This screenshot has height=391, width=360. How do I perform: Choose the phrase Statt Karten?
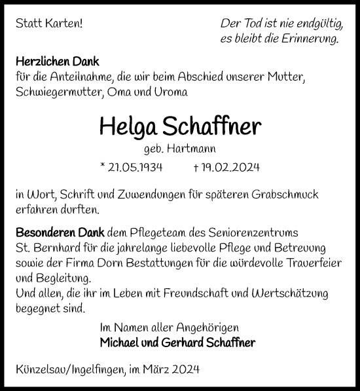click(48, 24)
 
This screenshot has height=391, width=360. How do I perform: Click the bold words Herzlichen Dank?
click(57, 62)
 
